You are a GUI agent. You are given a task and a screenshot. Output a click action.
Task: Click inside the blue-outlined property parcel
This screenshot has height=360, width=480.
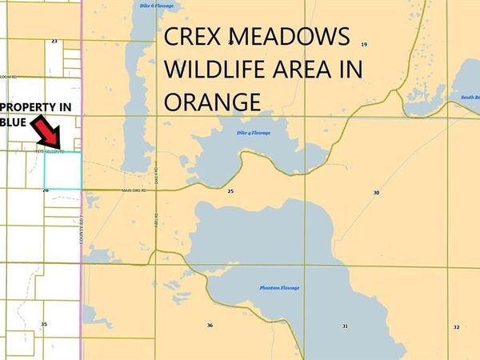[x=62, y=170]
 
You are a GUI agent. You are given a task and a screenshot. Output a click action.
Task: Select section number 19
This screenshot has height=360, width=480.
[x=364, y=45]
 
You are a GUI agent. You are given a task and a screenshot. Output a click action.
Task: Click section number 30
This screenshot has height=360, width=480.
[x=376, y=193]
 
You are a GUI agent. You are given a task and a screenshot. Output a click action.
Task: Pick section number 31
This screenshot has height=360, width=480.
[x=344, y=326]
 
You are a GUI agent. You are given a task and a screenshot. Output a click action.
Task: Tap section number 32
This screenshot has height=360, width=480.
[x=456, y=326]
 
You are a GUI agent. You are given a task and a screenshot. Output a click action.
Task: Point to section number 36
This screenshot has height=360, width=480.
[x=210, y=326]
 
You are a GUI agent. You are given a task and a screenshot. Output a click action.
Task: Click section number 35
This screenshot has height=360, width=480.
[x=44, y=324]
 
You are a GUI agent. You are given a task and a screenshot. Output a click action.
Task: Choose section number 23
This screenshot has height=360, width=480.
[x=54, y=40]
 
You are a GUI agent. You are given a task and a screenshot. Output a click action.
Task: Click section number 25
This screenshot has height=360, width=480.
[x=230, y=192]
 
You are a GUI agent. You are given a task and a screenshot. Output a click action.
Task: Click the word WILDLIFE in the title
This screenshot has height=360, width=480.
[x=209, y=70]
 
